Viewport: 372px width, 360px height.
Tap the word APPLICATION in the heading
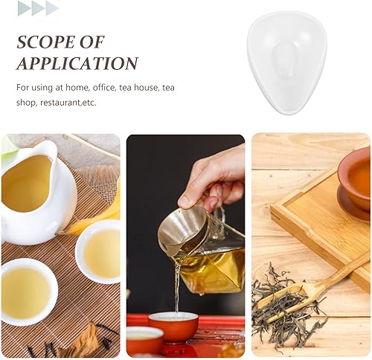77,63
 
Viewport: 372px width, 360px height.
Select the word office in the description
104,88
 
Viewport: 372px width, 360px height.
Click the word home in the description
79,88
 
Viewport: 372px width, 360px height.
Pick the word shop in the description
25,103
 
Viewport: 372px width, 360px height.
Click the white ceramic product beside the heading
286,62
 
